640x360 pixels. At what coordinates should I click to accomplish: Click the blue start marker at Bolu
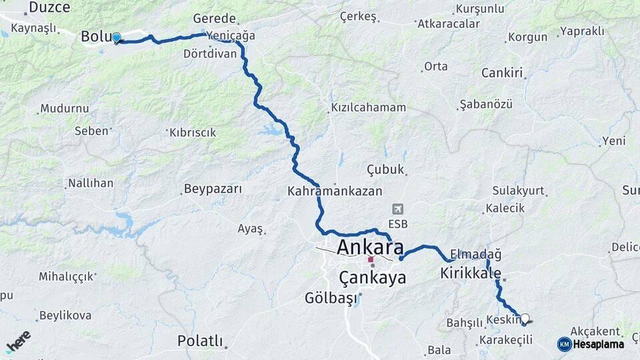coord(117,38)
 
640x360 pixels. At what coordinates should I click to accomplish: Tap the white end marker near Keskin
coord(525,319)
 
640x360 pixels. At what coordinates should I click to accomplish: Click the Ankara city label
coord(370,247)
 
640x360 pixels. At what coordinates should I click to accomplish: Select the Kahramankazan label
coord(335,191)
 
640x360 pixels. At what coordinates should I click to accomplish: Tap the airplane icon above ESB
coord(398,209)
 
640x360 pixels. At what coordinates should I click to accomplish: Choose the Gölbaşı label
coord(331,297)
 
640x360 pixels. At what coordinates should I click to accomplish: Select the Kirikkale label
coord(471,273)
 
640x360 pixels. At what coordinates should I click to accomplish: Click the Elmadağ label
coord(476,254)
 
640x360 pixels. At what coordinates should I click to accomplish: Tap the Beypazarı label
coord(213,189)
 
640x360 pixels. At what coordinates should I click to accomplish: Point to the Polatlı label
coord(200,341)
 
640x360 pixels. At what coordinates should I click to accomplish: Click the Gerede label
coord(215,19)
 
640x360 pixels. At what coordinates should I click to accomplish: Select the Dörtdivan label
coord(211,53)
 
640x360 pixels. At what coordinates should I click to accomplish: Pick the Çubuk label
coord(386,169)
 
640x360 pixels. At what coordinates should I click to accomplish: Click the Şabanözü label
coord(486,105)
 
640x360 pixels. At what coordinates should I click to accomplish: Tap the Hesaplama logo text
coord(598,344)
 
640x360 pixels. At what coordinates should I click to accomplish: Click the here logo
coord(19,341)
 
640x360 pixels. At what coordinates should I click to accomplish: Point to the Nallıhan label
coord(91,183)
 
